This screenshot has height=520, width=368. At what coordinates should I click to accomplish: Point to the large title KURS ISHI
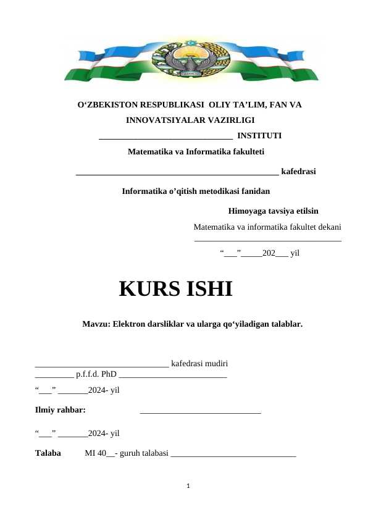coord(175,288)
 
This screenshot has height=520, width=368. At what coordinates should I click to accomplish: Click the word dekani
coord(328,227)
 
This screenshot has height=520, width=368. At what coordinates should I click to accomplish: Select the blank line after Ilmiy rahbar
coord(201,411)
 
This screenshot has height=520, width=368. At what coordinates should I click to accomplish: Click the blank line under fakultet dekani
coord(268,240)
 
